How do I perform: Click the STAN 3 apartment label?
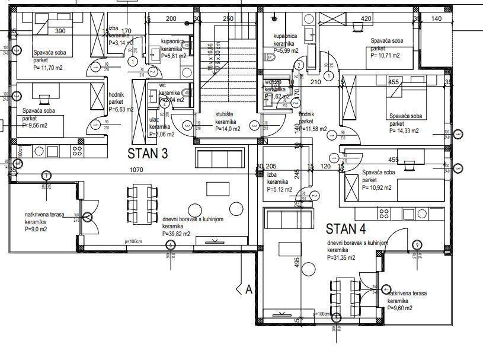pyautogui.click(x=148, y=154)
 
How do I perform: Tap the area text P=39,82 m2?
pyautogui.click(x=176, y=234)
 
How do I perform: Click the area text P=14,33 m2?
pyautogui.click(x=404, y=130)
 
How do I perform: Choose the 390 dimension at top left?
pyautogui.click(x=60, y=31)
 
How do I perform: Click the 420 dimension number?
pyautogui.click(x=366, y=19)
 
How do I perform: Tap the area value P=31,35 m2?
pyautogui.click(x=341, y=257)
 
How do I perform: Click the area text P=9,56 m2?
pyautogui.click(x=35, y=125)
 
